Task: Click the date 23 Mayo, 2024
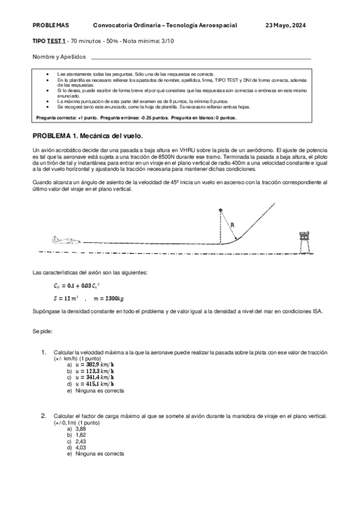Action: pyautogui.click(x=285, y=25)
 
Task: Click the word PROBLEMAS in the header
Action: pyautogui.click(x=50, y=25)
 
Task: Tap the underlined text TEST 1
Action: pyautogui.click(x=58, y=40)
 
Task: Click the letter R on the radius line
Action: pyautogui.click(x=232, y=226)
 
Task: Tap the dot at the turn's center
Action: pyautogui.click(x=221, y=209)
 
